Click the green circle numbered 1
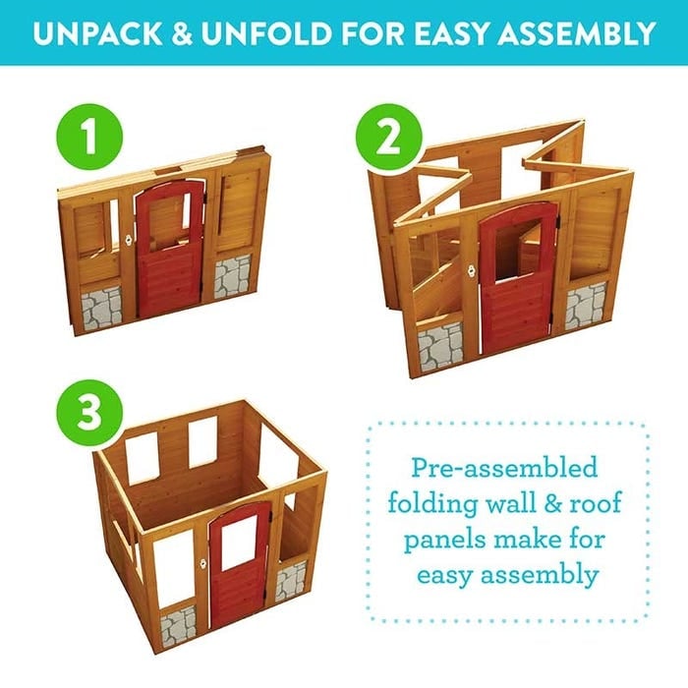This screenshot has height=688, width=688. tap(89, 137)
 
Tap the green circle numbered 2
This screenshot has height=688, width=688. tap(389, 137)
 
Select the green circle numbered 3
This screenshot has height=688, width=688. tap(89, 413)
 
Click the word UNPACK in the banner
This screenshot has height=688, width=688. tap(97, 33)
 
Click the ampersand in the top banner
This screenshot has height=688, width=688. tap(182, 33)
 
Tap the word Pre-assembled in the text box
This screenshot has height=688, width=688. tap(504, 468)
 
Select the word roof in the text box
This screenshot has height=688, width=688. tap(596, 503)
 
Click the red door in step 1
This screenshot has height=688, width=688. tap(170, 248)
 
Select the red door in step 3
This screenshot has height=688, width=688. tap(240, 566)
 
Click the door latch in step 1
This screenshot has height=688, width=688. tap(129, 240)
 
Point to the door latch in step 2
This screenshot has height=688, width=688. tap(472, 271)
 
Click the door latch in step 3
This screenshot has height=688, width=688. tap(203, 563)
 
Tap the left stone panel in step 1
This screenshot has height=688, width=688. tap(101, 307)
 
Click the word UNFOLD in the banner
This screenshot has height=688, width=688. tap(266, 33)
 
